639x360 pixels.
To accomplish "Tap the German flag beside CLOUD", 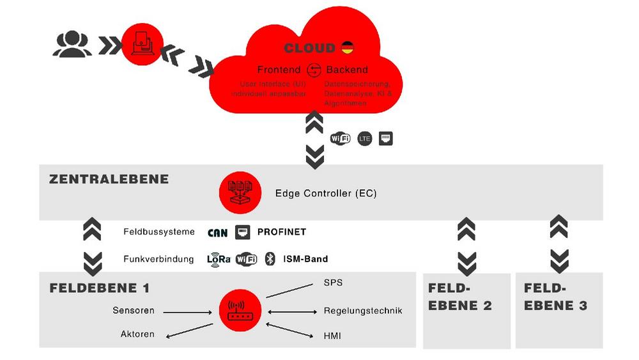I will (347, 48).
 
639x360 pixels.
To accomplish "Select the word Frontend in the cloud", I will (279, 70).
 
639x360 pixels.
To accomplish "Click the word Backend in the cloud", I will (347, 70).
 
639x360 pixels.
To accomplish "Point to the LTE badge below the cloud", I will (364, 138).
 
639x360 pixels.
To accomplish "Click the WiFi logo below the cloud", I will (340, 138).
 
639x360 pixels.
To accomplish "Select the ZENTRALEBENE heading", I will (109, 179).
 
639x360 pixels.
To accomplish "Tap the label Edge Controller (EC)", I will (325, 193).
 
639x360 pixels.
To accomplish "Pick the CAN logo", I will (218, 232).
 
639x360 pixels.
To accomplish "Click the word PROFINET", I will (282, 232).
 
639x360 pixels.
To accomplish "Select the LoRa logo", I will (218, 259).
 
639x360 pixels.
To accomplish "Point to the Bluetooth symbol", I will (270, 259).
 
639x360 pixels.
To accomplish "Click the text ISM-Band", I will (305, 259).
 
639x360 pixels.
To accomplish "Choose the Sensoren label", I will (134, 311).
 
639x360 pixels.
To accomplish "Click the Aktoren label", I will (137, 334).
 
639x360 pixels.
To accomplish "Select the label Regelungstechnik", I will (363, 311).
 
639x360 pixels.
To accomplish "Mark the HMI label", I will (332, 335).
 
